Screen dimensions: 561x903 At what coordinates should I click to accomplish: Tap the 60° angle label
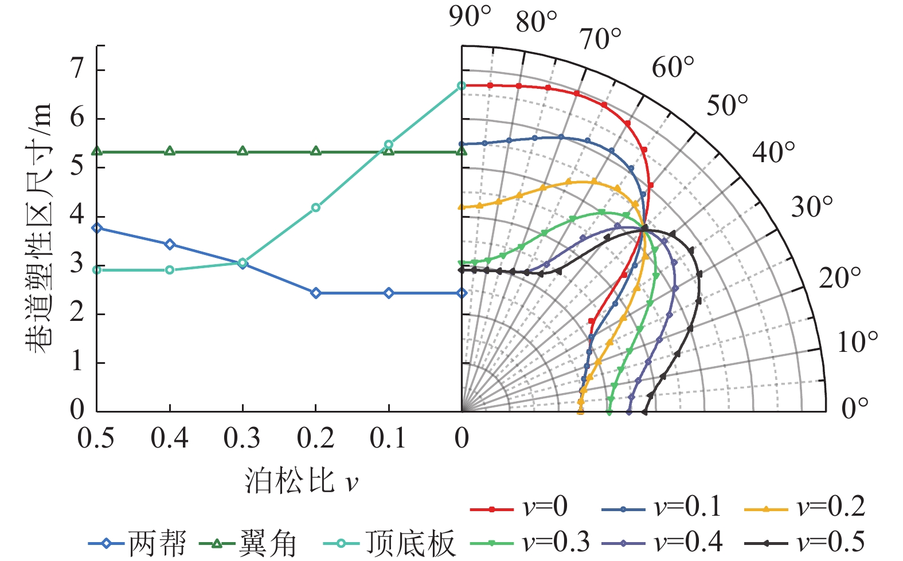673,67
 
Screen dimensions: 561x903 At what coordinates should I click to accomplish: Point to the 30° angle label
812,206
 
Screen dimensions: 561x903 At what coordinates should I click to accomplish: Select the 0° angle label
855,408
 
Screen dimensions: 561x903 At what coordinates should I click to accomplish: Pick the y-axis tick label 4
77,215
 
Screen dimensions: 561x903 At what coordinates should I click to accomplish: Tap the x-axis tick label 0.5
96,438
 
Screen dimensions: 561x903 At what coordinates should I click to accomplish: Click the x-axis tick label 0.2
315,438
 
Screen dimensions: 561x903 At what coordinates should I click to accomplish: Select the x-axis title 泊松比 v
301,480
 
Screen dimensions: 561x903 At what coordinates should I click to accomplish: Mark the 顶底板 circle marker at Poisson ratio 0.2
315,207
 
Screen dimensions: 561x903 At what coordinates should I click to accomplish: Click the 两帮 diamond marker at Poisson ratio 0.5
97,228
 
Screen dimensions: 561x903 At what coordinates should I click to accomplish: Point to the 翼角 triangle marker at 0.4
170,151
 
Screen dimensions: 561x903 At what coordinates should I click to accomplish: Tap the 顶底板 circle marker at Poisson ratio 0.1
389,144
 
